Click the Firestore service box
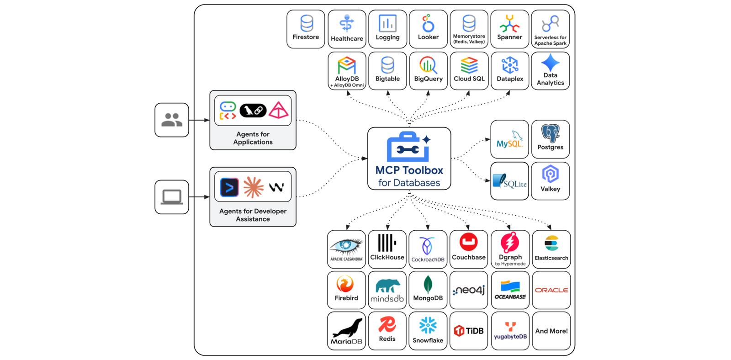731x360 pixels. [x=306, y=29]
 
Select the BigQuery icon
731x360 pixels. [x=428, y=65]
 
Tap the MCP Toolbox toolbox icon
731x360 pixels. [x=408, y=147]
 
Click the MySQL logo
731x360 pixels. [x=509, y=140]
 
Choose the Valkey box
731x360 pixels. [x=550, y=181]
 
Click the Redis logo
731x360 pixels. [x=387, y=325]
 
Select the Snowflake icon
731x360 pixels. [x=428, y=326]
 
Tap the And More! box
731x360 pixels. [x=551, y=331]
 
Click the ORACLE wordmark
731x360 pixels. [x=551, y=290]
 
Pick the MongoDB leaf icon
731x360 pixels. [x=428, y=285]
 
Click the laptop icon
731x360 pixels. [x=172, y=197]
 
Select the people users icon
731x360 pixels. [x=172, y=120]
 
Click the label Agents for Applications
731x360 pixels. [x=253, y=138]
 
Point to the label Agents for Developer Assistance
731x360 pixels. [x=253, y=215]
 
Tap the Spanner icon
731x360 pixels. [x=509, y=23]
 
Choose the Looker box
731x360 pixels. [x=428, y=29]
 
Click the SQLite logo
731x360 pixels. [x=509, y=181]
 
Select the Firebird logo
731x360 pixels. [x=345, y=284]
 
